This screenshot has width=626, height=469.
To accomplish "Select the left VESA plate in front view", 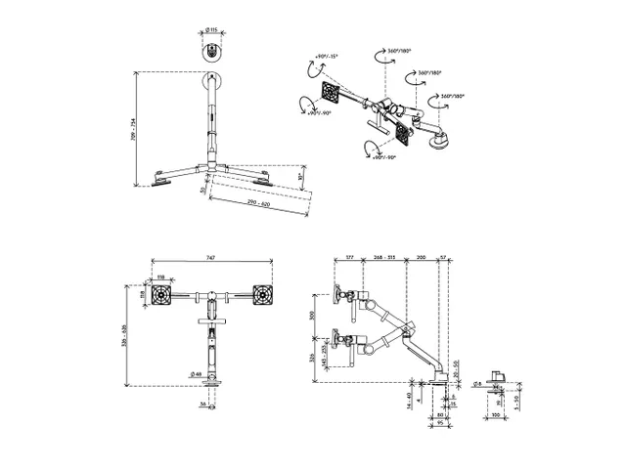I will click(164, 293).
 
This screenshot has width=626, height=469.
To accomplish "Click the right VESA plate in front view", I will click(262, 293).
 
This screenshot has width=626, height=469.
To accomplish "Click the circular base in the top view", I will click(212, 54).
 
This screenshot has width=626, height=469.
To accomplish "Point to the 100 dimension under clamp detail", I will click(498, 414).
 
